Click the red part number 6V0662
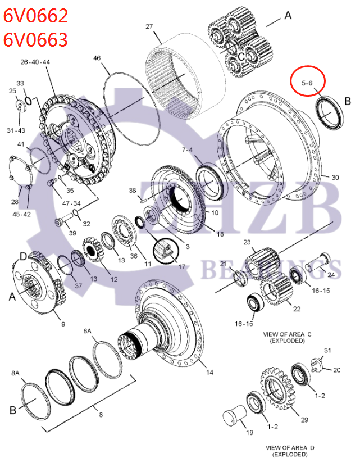tap(36, 15)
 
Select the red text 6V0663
tap(36, 39)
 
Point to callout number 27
tap(149, 26)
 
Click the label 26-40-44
tap(36, 61)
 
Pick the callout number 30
tap(335, 178)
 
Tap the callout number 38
tap(133, 191)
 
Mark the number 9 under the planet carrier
tap(63, 324)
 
